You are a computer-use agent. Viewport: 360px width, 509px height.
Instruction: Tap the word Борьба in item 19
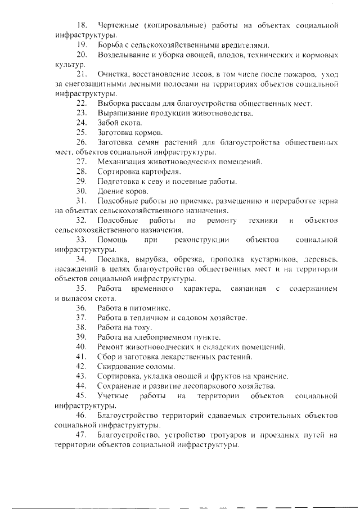point(110,44)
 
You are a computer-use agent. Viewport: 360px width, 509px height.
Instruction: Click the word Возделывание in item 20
point(121,55)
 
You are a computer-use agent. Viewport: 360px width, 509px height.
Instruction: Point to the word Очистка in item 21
point(112,74)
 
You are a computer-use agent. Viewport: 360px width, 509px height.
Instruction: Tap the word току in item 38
point(144,327)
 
